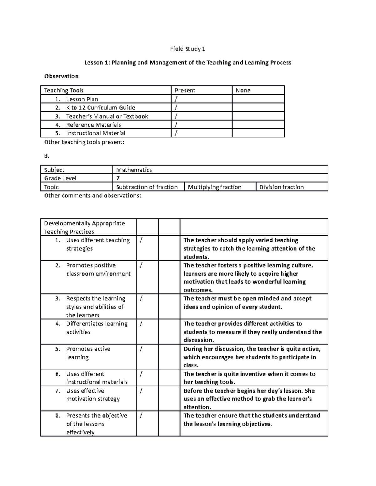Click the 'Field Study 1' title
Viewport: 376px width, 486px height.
click(187, 49)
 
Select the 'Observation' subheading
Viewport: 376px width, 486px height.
click(61, 76)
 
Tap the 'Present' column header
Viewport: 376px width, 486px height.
click(185, 90)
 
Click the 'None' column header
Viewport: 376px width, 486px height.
click(243, 90)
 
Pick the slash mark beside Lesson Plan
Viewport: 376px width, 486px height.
click(176, 99)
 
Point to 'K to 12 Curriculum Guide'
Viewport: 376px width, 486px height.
click(100, 108)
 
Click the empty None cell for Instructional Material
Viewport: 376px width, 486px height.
click(258, 133)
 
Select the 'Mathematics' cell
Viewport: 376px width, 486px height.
click(134, 170)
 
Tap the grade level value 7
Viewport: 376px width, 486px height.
click(118, 178)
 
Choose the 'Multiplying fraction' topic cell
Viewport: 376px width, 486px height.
click(215, 187)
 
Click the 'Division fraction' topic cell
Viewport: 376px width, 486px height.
click(281, 187)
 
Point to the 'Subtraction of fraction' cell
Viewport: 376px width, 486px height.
click(147, 187)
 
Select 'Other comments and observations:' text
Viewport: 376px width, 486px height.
click(93, 196)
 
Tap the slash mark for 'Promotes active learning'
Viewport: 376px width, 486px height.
click(141, 349)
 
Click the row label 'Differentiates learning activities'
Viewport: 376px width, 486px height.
click(97, 328)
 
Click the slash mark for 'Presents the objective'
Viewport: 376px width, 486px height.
click(141, 416)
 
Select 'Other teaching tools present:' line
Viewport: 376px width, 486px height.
click(84, 142)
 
